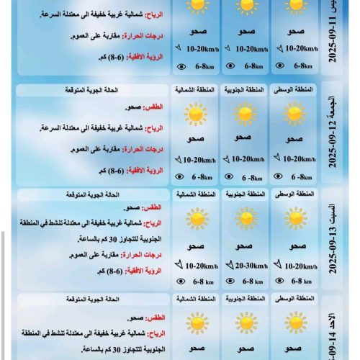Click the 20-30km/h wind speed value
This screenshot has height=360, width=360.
point(248,265)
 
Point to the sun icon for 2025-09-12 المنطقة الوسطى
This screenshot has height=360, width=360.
point(294,114)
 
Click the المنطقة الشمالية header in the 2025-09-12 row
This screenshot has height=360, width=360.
point(194,90)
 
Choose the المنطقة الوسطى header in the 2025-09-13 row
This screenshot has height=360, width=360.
point(294,194)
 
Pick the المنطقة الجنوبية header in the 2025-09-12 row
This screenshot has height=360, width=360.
point(245,90)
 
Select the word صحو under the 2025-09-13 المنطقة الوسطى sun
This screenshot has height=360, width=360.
point(294,246)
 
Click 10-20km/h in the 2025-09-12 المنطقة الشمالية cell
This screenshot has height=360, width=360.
point(197,159)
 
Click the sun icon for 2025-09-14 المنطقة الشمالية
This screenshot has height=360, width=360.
point(194,323)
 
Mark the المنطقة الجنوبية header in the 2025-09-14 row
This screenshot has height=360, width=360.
point(245,297)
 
